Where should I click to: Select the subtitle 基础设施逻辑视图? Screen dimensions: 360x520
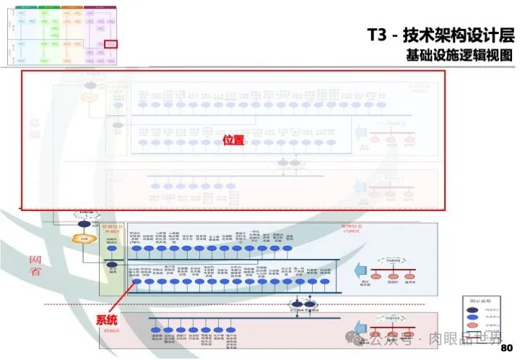click(x=459, y=55)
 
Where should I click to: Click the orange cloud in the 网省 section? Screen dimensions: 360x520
click(x=84, y=239)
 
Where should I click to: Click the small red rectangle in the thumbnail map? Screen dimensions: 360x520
click(x=110, y=43)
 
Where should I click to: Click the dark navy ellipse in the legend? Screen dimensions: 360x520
click(x=471, y=309)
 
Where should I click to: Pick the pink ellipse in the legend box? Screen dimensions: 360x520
click(x=471, y=327)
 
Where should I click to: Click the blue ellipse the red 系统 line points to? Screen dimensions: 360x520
click(x=135, y=282)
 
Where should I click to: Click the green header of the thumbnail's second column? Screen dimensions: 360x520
click(x=50, y=7)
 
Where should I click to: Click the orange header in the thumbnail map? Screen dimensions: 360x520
click(x=71, y=7)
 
